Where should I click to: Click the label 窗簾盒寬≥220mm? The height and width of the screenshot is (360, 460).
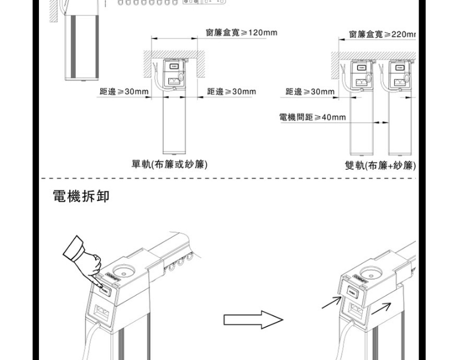[x=383, y=35]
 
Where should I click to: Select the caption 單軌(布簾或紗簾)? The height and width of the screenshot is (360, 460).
[x=170, y=164]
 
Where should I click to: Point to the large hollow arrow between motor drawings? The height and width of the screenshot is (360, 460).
[x=253, y=320]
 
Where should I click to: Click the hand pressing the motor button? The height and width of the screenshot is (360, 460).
[x=83, y=257]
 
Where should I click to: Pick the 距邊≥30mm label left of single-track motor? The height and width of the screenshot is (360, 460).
[x=124, y=92]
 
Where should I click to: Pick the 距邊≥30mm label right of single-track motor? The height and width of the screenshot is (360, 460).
[x=232, y=92]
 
